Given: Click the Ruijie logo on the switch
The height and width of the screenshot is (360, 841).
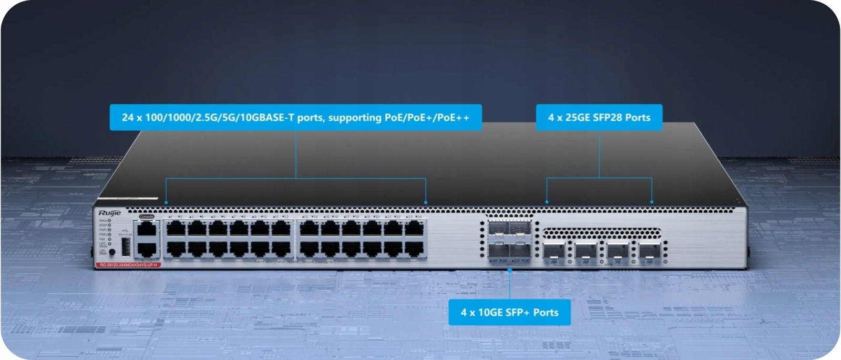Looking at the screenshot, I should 109,213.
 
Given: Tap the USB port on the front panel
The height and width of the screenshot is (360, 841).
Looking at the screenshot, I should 126,246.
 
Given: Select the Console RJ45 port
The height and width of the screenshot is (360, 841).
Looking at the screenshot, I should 147,229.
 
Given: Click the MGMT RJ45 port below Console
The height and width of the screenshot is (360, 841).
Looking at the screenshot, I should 147,250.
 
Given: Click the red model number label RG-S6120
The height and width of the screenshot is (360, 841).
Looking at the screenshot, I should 129,265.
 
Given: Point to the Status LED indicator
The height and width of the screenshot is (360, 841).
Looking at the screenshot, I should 109,221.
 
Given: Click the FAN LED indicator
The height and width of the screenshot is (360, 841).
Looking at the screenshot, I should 109,239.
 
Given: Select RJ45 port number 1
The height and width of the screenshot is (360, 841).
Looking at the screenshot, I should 176,229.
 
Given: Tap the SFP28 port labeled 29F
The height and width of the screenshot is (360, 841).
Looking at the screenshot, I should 553,250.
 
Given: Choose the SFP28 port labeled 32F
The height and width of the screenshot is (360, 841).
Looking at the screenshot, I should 650,250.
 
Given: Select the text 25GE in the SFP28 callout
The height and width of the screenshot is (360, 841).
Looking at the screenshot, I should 577,118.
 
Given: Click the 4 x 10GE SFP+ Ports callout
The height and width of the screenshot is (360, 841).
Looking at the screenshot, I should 509,312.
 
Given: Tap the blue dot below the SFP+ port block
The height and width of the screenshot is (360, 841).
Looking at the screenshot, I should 509,270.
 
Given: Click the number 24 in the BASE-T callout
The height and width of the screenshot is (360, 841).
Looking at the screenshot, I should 128,117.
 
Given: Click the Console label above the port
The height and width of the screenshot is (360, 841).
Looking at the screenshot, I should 147,217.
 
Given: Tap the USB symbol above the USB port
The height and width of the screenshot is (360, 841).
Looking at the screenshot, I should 124,230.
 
